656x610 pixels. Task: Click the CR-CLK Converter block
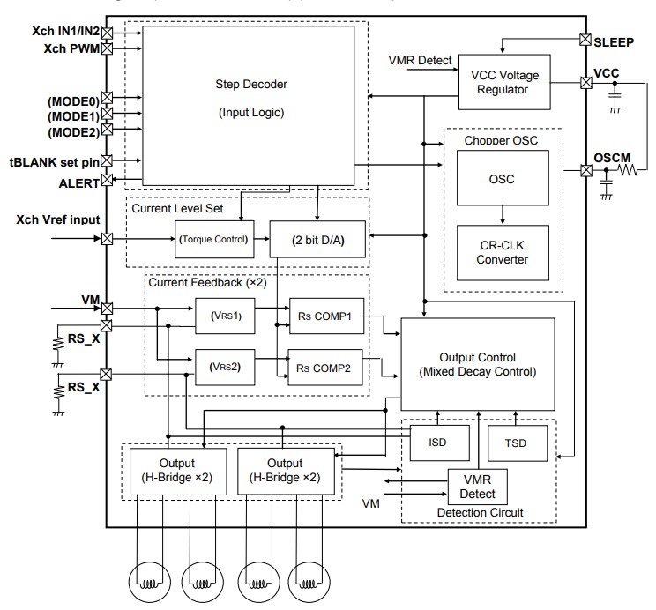503,252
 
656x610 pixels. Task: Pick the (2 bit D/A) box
317,239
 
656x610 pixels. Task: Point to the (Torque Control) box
212,239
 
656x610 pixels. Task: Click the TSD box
518,443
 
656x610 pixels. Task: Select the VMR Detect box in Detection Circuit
478,486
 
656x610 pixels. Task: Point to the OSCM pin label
614,157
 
